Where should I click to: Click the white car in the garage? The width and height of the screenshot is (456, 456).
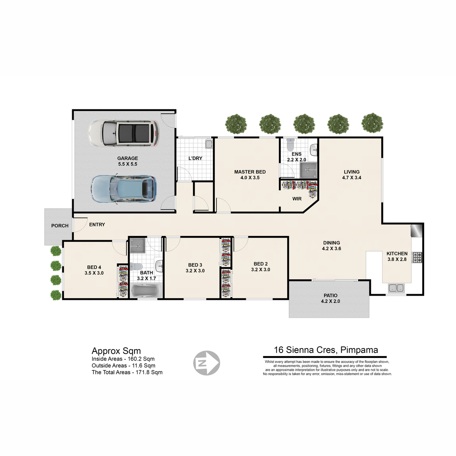(x=123, y=133)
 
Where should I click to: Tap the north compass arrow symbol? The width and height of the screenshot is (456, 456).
(x=206, y=363)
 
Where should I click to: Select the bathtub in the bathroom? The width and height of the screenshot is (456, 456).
(x=146, y=290)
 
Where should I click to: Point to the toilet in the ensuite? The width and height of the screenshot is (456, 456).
(x=290, y=144)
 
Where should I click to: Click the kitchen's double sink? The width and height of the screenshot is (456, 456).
(x=396, y=288)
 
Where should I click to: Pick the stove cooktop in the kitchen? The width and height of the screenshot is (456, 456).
(x=417, y=258)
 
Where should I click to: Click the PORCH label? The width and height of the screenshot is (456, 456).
(x=60, y=226)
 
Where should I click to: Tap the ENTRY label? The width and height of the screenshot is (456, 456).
(x=97, y=225)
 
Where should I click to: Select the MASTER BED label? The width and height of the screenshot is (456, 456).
(x=250, y=172)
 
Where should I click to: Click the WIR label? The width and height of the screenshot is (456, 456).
(x=297, y=199)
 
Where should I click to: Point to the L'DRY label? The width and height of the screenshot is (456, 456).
(x=195, y=158)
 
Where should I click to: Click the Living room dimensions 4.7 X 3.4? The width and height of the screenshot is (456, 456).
(x=351, y=178)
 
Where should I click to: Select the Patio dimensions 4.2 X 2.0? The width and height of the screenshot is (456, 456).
(x=330, y=301)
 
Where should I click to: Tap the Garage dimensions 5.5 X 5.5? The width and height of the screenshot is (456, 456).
(x=128, y=164)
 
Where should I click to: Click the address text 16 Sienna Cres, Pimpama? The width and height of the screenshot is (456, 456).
(x=326, y=350)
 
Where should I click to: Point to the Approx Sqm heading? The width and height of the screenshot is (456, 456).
(x=116, y=351)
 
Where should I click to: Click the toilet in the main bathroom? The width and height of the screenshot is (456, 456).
(x=135, y=266)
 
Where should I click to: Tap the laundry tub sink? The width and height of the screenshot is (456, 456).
(x=209, y=144)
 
